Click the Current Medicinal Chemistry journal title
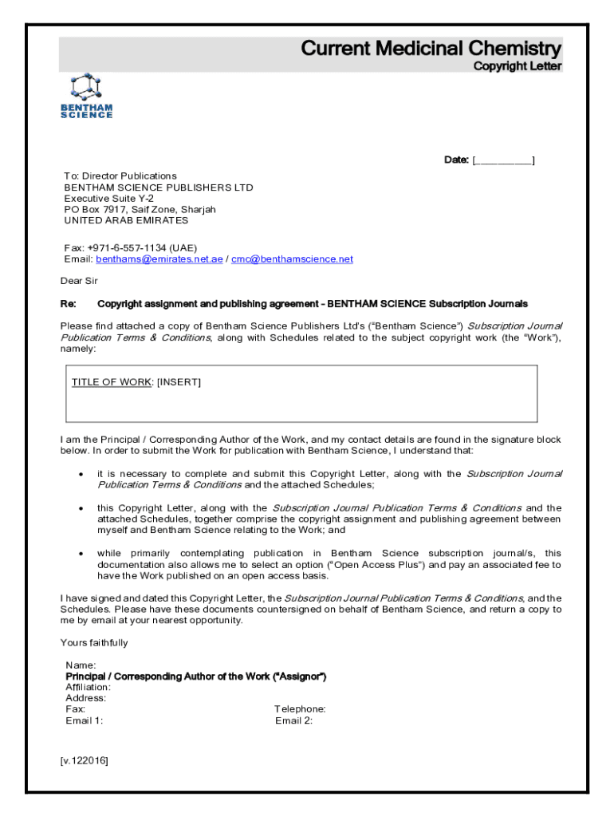431,49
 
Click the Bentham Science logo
87,97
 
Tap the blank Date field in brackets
503,160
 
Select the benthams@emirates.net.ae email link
159,259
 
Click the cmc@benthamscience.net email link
292,259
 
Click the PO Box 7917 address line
140,209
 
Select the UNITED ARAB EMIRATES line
126,220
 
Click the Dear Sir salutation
79,281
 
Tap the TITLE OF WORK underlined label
111,382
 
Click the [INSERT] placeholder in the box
179,382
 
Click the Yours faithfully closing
94,643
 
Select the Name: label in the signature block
81,665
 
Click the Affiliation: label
88,687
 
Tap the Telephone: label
300,709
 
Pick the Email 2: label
293,720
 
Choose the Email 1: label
84,720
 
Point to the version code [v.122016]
84,760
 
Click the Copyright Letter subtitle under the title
518,66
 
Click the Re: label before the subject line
69,304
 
